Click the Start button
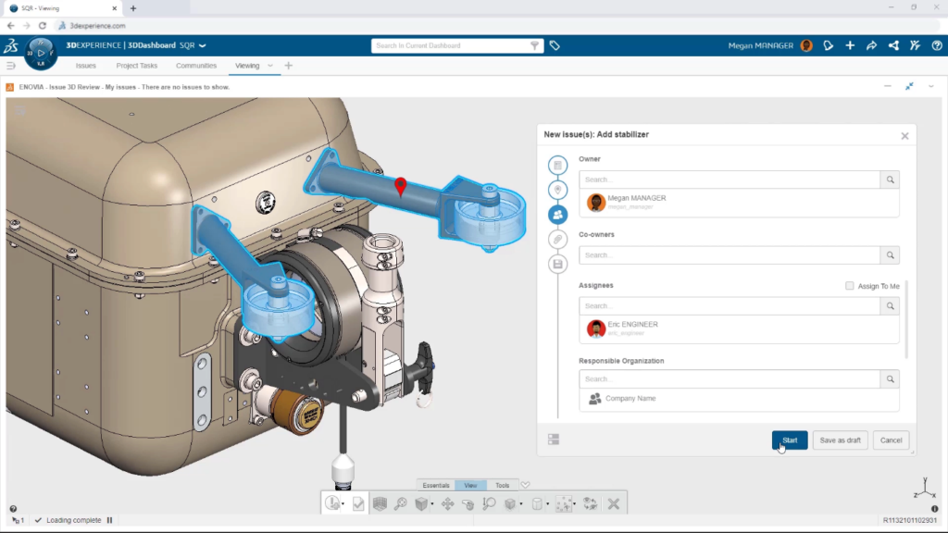pos(790,440)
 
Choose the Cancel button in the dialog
pos(891,440)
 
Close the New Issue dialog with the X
pos(904,136)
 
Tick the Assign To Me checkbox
pos(850,286)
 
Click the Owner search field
pos(730,180)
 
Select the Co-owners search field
pos(730,255)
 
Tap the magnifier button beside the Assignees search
pos(890,306)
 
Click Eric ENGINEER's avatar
pos(596,328)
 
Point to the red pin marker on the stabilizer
pos(400,187)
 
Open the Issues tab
pos(86,66)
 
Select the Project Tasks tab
pos(136,66)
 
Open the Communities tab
pos(196,66)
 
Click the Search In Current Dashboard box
pos(449,45)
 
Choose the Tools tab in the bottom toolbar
pos(503,485)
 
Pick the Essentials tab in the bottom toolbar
pos(436,485)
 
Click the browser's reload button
pos(43,26)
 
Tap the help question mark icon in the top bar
pos(937,45)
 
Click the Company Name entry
pos(630,398)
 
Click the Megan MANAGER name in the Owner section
pos(637,198)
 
